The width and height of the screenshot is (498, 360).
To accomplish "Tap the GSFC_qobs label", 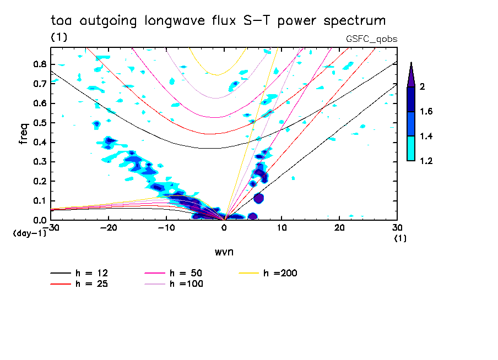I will click(x=371, y=39).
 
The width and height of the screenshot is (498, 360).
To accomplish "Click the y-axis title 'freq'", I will click(x=23, y=134).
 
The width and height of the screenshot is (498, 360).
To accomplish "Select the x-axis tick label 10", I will click(x=282, y=227).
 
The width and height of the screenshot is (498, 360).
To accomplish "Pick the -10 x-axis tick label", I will click(x=166, y=227).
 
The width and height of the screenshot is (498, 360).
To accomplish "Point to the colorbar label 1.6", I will click(x=426, y=112).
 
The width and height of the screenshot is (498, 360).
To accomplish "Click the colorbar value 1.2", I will click(x=426, y=161).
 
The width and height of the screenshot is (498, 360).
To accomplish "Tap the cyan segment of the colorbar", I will click(x=411, y=149).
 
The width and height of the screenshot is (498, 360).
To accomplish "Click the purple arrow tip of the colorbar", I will click(x=411, y=74).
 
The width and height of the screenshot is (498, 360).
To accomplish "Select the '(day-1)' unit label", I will click(x=29, y=233).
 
